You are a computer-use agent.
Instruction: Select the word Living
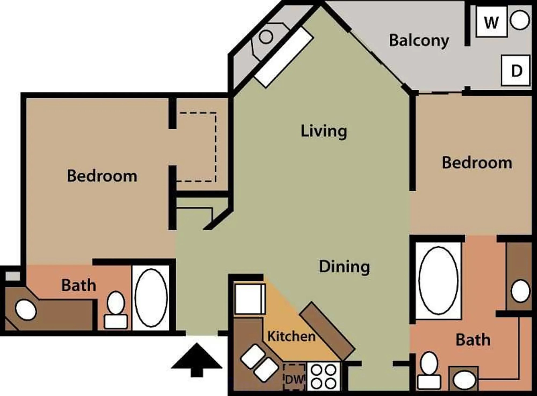pos(324,131)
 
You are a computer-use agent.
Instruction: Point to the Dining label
pos(344,267)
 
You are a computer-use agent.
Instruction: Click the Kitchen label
pos(291,336)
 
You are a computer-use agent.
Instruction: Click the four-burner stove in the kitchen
pos(324,376)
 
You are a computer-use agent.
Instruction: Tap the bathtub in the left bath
pos(151,298)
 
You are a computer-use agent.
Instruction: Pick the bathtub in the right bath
pos(438,280)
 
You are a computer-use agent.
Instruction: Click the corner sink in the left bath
pos(26,310)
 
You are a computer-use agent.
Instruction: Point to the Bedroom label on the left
pos(102,176)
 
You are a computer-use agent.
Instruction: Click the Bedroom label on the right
pos(477,163)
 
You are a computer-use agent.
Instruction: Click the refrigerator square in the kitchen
pos(249,299)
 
